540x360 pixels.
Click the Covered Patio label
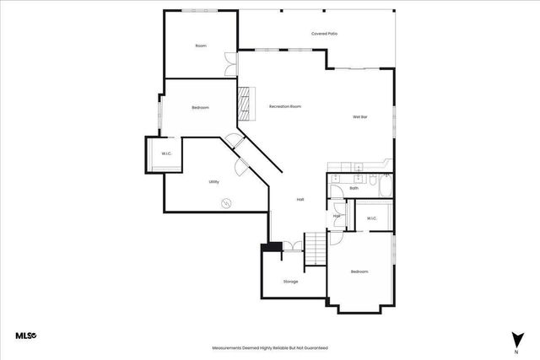point(325,34)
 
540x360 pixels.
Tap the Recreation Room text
point(285,107)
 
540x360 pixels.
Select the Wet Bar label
point(359,116)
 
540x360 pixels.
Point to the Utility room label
point(214,182)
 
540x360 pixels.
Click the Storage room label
point(290,282)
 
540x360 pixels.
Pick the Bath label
point(354,188)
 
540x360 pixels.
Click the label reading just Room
point(201,46)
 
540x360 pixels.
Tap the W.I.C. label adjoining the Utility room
point(167,153)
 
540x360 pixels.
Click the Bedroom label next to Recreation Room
point(201,108)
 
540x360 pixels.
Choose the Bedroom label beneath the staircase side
point(359,271)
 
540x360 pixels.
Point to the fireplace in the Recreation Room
point(246,105)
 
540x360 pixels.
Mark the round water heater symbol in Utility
point(226,202)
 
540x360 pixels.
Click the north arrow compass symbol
point(514,339)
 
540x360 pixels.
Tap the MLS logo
point(25,336)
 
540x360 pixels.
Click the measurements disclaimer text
point(269,347)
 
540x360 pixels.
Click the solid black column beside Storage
point(272,247)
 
